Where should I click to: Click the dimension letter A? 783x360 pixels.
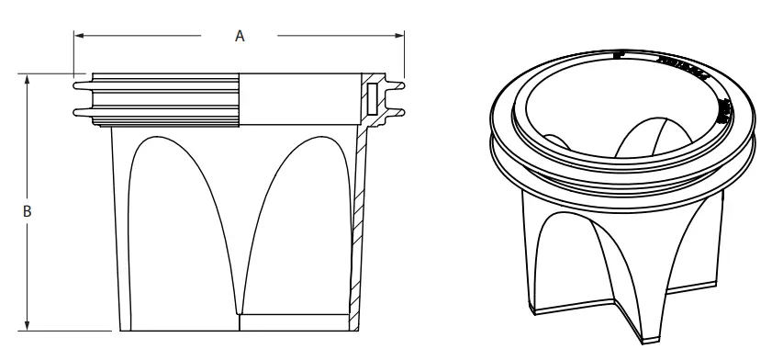click(x=240, y=36)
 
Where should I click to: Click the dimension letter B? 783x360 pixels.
click(x=28, y=211)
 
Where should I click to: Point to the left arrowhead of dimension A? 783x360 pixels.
click(x=79, y=36)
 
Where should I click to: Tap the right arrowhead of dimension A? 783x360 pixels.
click(x=399, y=36)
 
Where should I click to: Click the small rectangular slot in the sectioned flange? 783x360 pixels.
click(x=371, y=98)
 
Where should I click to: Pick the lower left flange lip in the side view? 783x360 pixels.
click(x=78, y=113)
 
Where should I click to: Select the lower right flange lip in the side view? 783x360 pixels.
click(x=397, y=113)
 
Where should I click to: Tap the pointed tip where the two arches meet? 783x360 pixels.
click(x=240, y=308)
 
